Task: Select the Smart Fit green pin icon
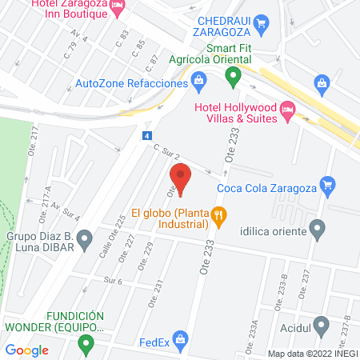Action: click(x=233, y=78)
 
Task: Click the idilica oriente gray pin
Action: click(x=318, y=231)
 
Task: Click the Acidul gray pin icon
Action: click(x=322, y=326)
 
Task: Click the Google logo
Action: click(x=27, y=350)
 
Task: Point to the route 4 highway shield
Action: click(x=147, y=136)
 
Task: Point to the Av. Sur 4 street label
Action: click(x=66, y=214)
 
